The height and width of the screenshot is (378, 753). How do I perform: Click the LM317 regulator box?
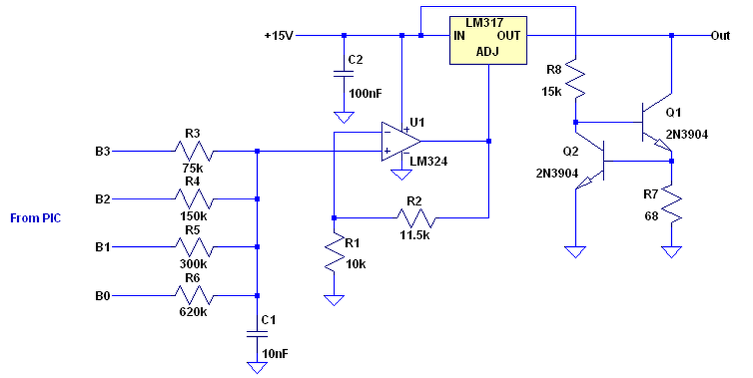[x=488, y=40]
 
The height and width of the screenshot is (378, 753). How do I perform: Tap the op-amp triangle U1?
[x=401, y=142]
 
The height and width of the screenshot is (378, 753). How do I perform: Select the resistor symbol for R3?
[x=194, y=151]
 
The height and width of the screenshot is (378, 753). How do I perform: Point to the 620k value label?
[x=193, y=312]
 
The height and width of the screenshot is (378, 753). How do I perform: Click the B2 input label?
[x=102, y=199]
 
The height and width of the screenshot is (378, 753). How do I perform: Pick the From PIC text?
[x=35, y=218]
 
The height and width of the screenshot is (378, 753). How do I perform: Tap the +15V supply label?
[x=279, y=36]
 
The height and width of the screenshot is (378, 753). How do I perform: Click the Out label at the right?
[x=720, y=36]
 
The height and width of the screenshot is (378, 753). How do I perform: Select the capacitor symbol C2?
[x=344, y=74]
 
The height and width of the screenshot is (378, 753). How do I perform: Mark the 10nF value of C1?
[x=275, y=354]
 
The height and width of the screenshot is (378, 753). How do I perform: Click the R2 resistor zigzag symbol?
[x=417, y=218]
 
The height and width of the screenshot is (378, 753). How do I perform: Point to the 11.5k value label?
[x=415, y=235]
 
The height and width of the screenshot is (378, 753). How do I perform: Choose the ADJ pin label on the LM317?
[x=488, y=52]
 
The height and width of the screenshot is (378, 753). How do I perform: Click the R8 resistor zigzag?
[x=575, y=79]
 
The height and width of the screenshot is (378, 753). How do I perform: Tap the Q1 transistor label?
[x=674, y=112]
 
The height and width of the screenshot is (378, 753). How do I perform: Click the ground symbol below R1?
[x=334, y=300]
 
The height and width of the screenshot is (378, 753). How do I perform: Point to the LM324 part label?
[x=429, y=162]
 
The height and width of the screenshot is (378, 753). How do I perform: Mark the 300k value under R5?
[x=193, y=264]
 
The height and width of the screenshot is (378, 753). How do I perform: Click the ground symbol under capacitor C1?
[x=257, y=367]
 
